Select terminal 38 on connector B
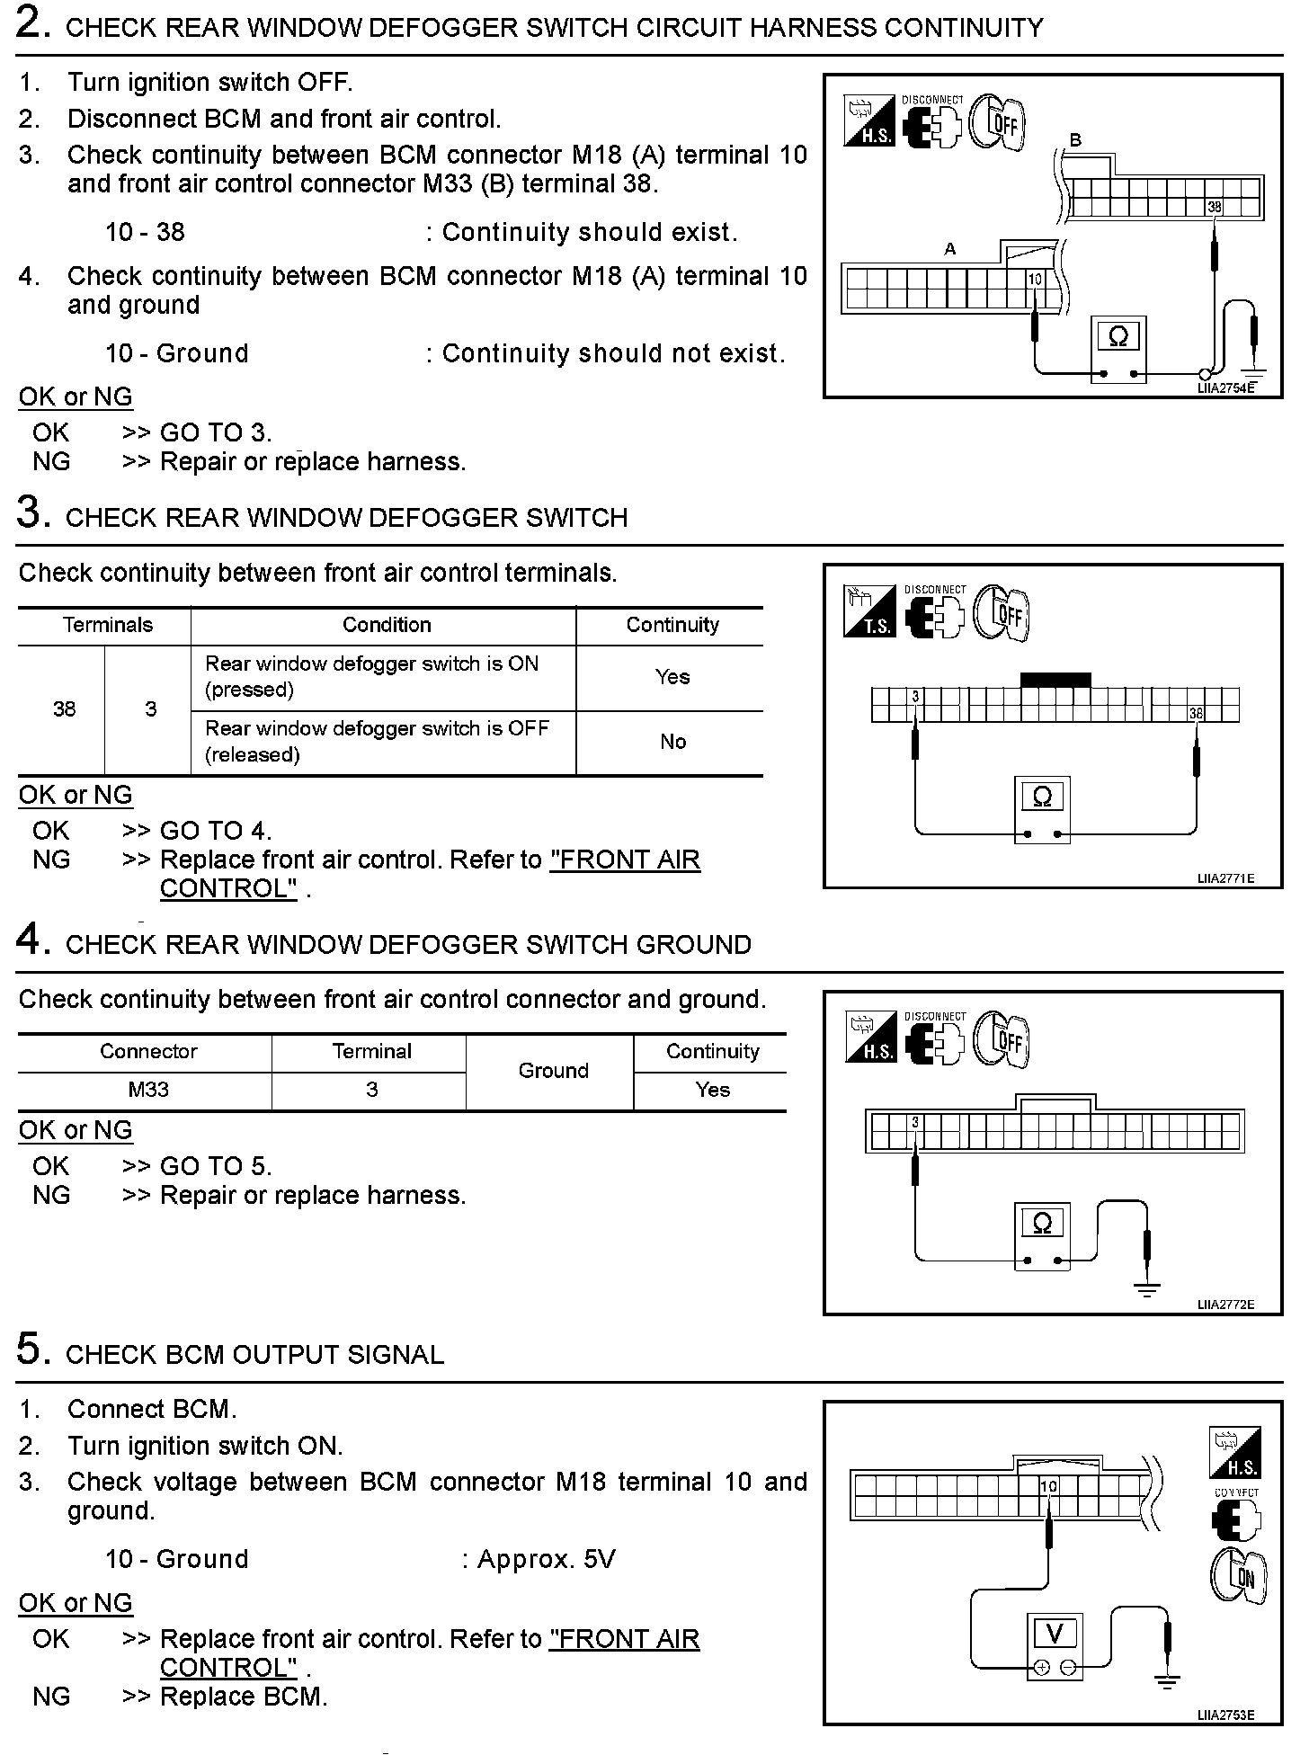point(1215,207)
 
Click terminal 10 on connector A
point(1035,279)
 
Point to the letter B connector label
point(1075,140)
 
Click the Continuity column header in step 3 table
point(672,625)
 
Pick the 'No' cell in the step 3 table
point(672,742)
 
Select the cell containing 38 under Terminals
point(64,709)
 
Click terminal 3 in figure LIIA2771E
point(915,697)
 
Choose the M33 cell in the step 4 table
point(148,1090)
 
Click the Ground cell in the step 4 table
point(553,1071)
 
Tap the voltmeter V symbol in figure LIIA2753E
point(1055,1634)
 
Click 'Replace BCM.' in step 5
point(244,1697)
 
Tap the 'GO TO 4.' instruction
point(216,831)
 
